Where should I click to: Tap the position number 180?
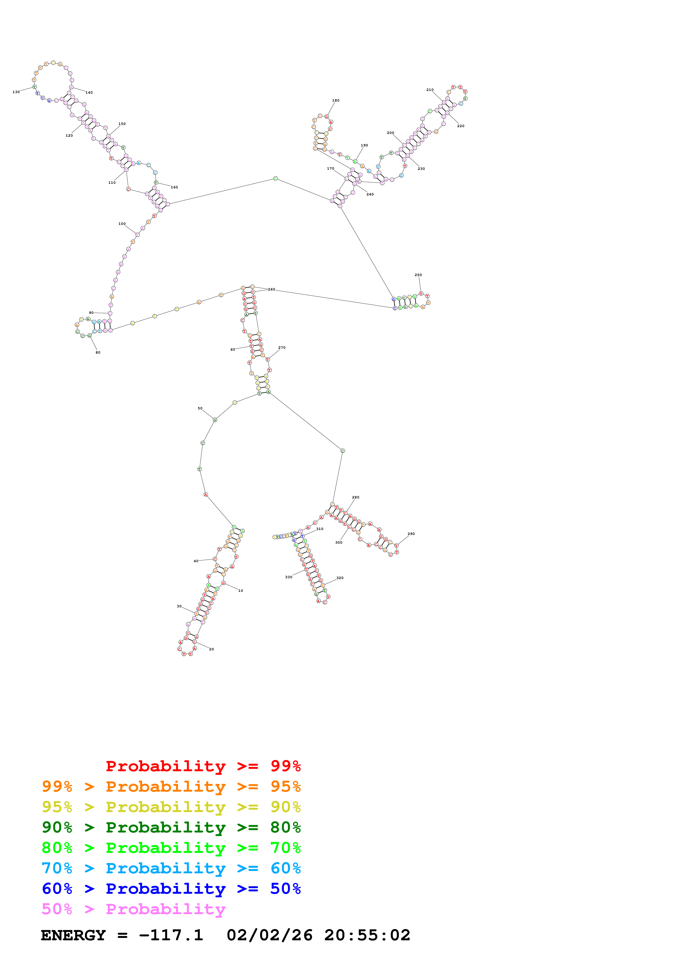[x=336, y=100]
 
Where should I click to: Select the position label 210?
[x=430, y=90]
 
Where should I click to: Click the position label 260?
[x=271, y=289]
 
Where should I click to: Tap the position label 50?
[x=200, y=408]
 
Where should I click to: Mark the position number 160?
[x=174, y=187]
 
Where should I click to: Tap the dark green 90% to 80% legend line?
[x=171, y=827]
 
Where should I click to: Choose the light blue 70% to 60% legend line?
[x=171, y=868]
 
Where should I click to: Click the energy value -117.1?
[x=171, y=935]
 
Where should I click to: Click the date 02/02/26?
[x=270, y=935]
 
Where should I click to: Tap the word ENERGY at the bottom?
[x=73, y=935]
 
